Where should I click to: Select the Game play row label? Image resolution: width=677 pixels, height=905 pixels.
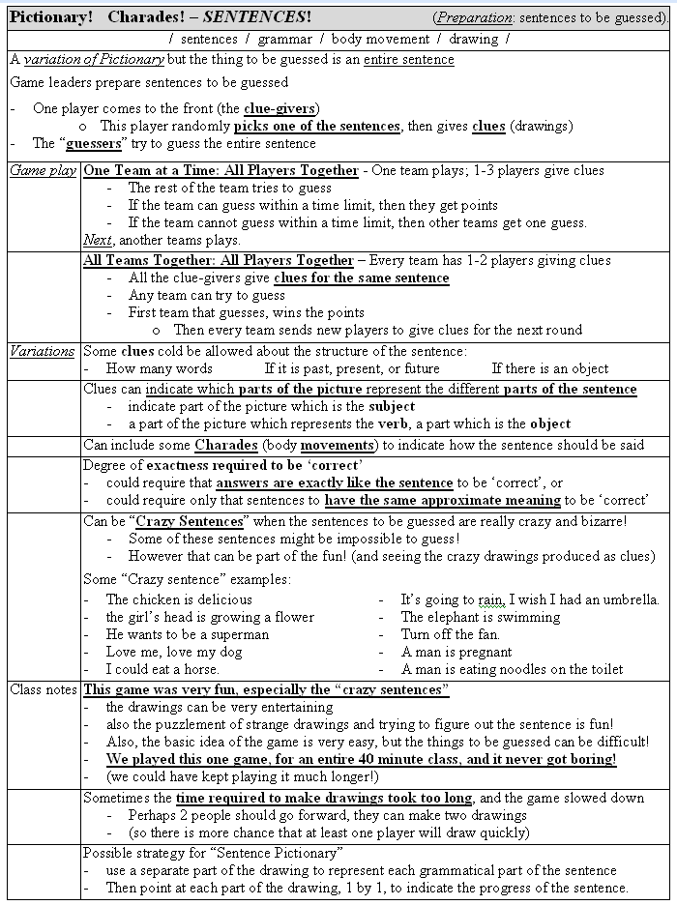(43, 171)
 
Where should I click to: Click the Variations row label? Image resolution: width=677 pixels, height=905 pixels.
(43, 351)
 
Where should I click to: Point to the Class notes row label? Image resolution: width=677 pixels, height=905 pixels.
(43, 689)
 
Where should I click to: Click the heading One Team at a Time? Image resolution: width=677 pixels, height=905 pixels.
(220, 171)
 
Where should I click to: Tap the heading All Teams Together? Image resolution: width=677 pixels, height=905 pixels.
(219, 260)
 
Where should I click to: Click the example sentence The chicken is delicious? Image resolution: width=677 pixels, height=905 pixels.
(165, 599)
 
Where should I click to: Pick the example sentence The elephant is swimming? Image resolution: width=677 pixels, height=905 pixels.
(481, 617)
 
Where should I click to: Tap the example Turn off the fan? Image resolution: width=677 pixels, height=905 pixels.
(451, 634)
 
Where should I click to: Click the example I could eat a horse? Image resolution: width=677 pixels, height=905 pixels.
(162, 669)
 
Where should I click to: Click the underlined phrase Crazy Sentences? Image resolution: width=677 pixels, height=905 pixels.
(190, 521)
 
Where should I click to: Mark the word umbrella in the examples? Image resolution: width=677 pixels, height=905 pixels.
(627, 599)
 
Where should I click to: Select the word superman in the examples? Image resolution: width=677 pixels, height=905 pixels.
(237, 634)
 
